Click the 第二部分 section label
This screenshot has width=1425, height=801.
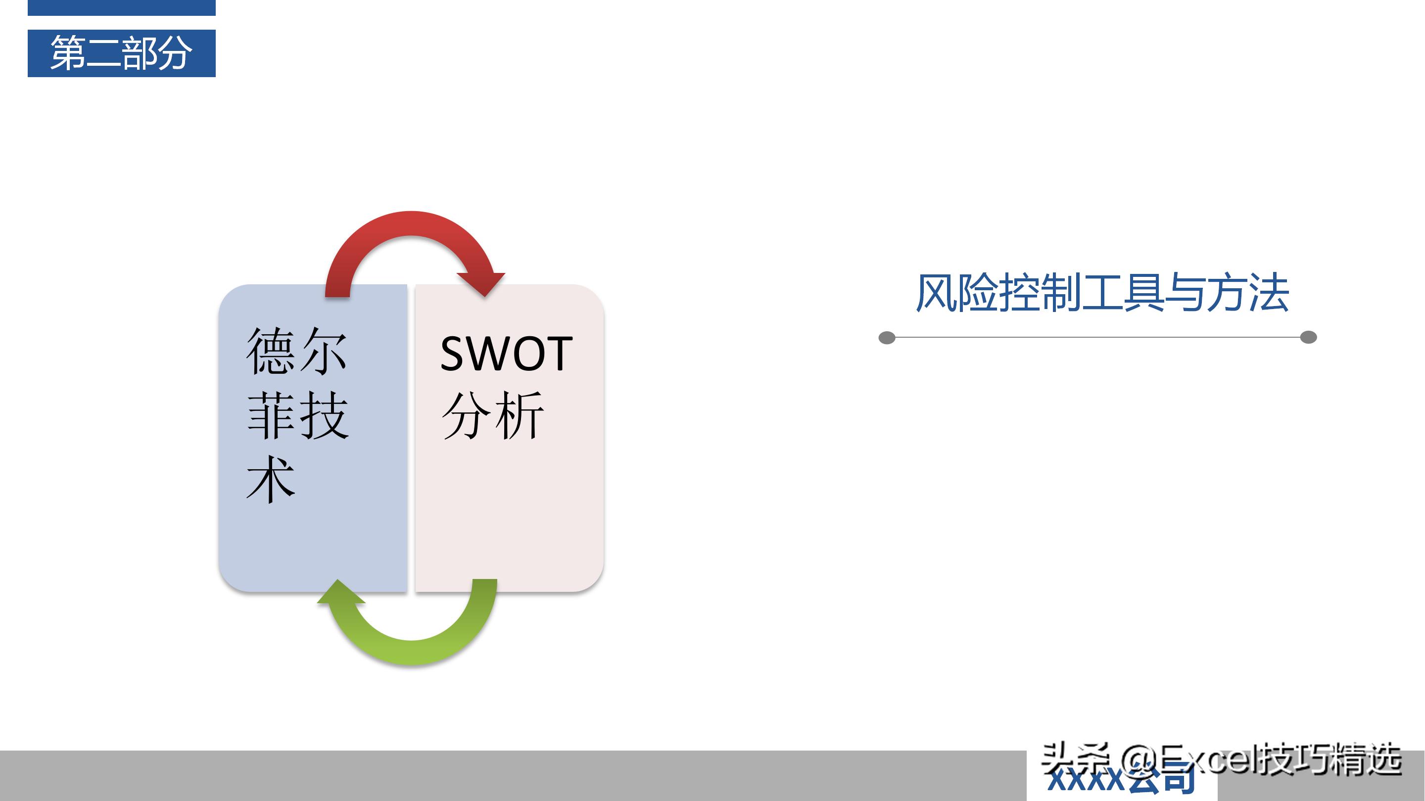pyautogui.click(x=121, y=53)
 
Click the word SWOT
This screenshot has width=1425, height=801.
pyautogui.click(x=506, y=354)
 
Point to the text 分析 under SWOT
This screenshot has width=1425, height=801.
pyautogui.click(x=492, y=416)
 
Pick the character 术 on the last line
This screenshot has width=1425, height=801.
pyautogui.click(x=271, y=480)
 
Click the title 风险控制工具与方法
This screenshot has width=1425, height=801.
pyautogui.click(x=1102, y=293)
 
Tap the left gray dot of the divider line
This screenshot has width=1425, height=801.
pyautogui.click(x=887, y=337)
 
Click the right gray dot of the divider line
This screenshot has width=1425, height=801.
pyautogui.click(x=1308, y=337)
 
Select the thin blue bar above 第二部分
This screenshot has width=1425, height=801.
pyautogui.click(x=121, y=7)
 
